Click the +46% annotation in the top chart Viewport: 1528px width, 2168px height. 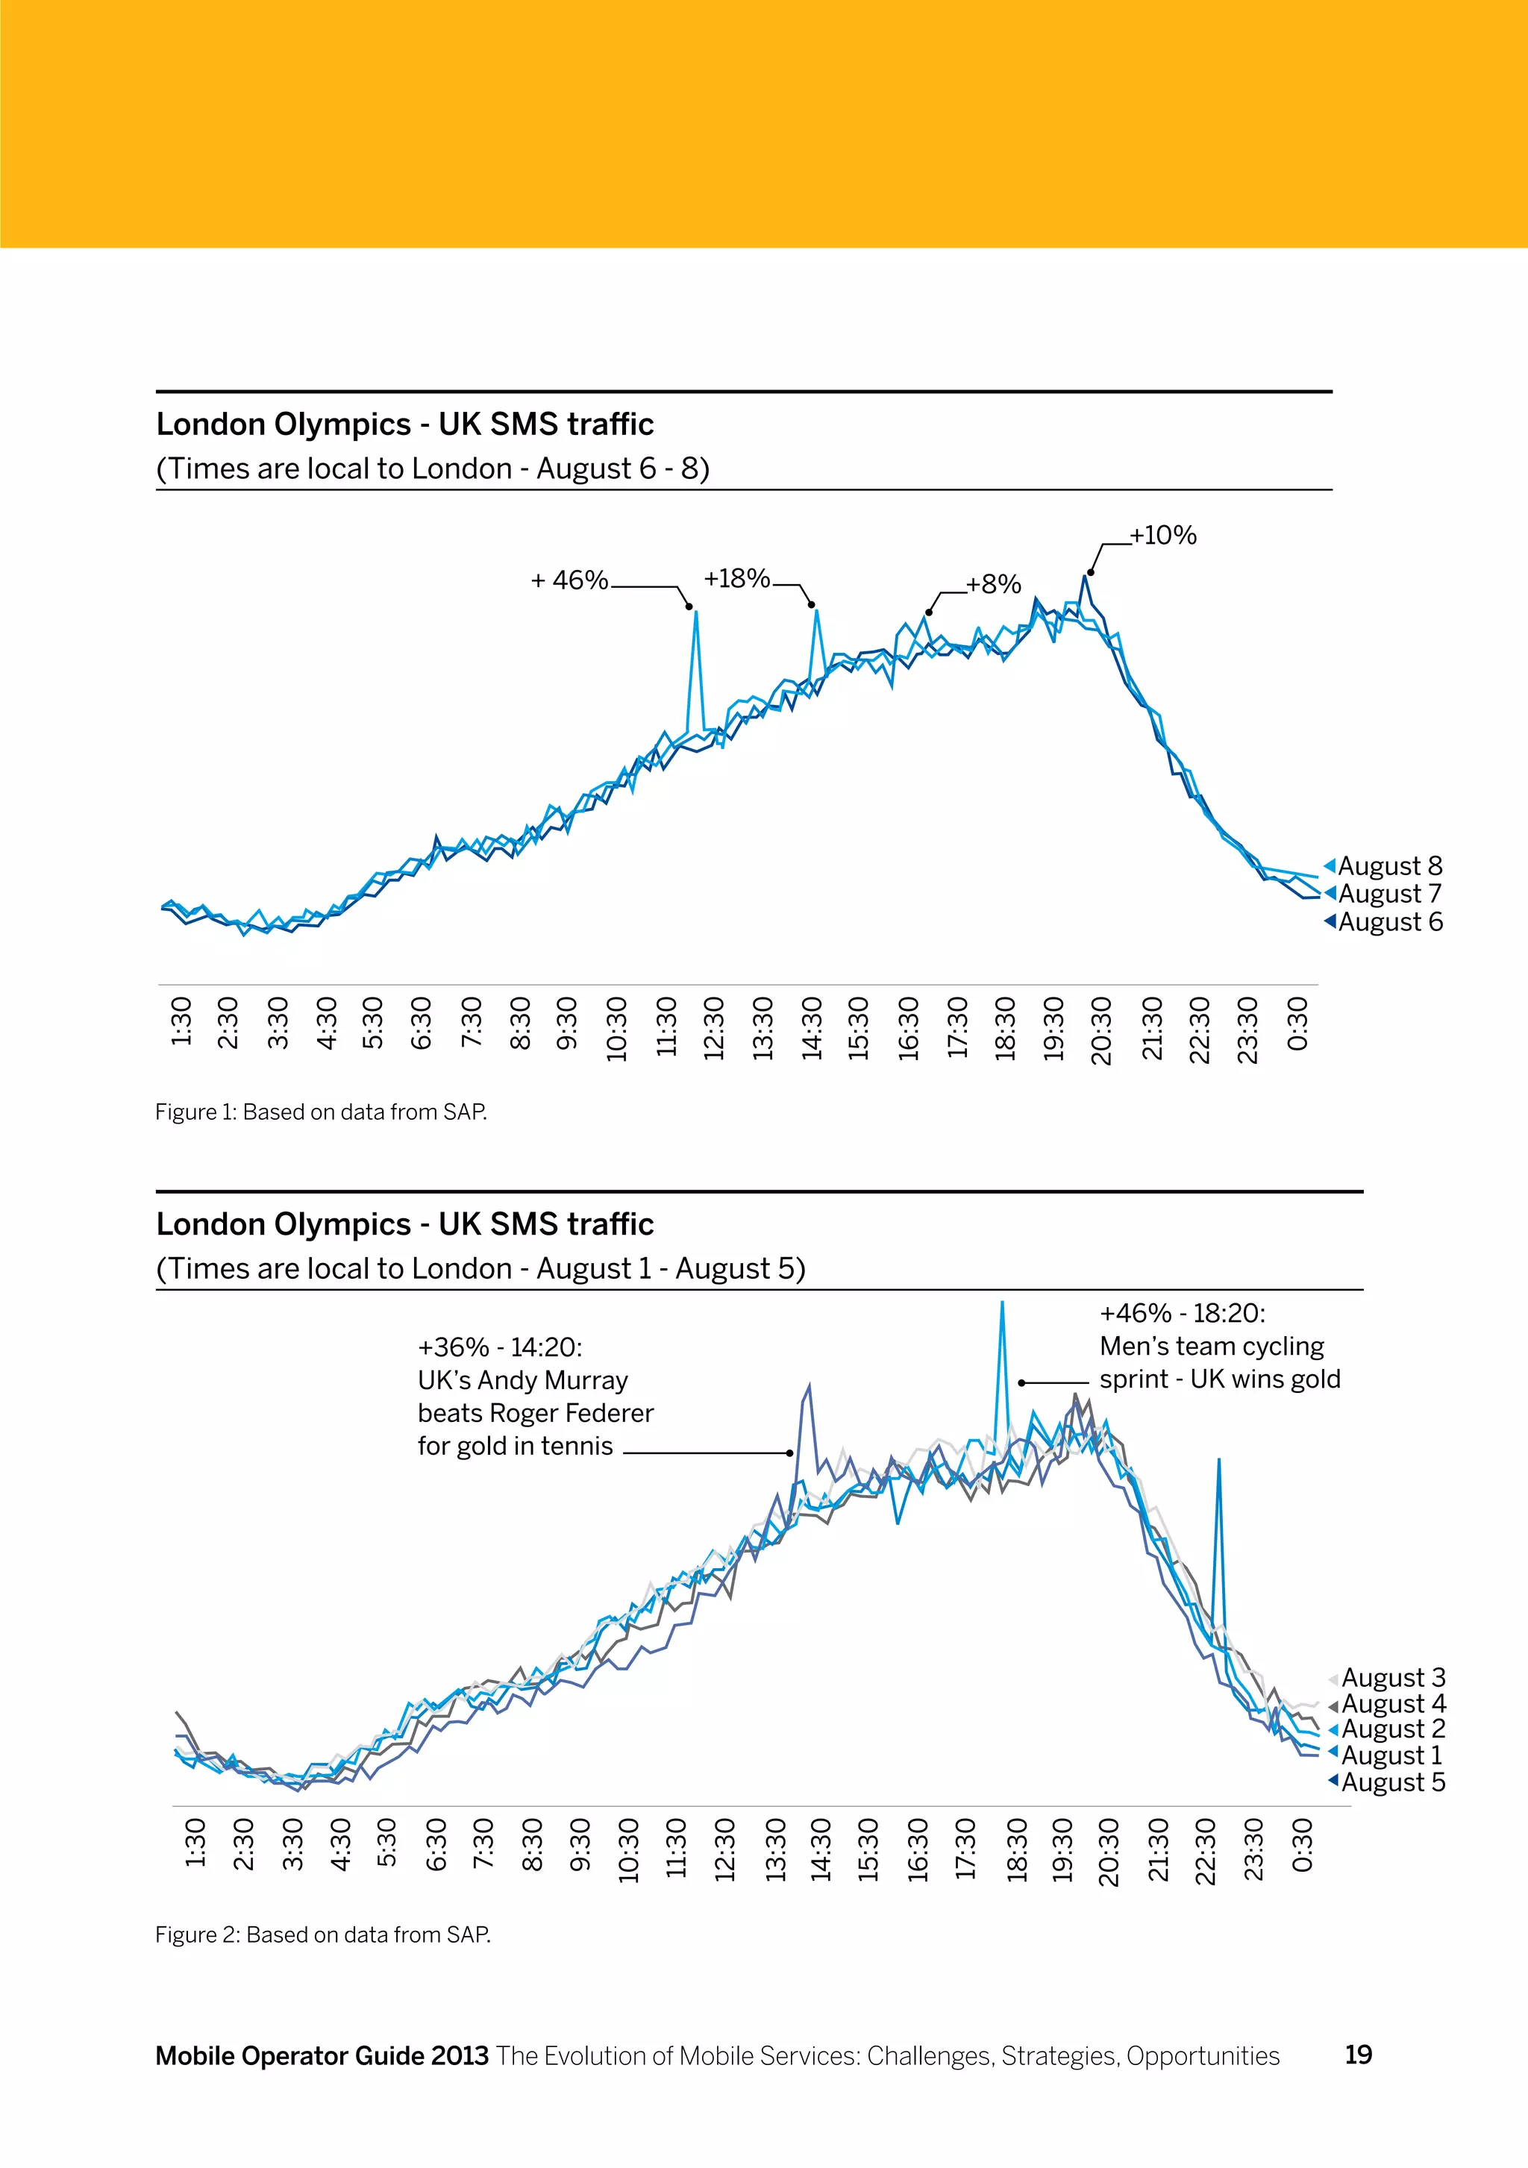click(x=569, y=580)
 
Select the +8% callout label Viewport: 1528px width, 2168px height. click(x=994, y=584)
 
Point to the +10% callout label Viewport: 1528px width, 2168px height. click(x=1163, y=536)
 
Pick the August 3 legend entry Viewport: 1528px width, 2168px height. click(x=1393, y=1677)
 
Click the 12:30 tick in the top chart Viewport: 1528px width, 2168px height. click(x=714, y=1027)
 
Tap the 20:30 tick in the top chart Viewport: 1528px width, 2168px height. click(x=1102, y=1030)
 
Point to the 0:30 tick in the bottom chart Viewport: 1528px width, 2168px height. click(x=1302, y=1846)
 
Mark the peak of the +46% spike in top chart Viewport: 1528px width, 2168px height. click(x=696, y=612)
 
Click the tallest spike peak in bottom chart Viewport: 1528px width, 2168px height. click(x=1002, y=1303)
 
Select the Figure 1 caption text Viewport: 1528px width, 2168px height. click(x=321, y=1112)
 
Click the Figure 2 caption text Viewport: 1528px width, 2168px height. click(x=323, y=1934)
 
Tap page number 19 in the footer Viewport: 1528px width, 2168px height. click(x=1358, y=2055)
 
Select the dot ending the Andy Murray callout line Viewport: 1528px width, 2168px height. click(x=790, y=1453)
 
